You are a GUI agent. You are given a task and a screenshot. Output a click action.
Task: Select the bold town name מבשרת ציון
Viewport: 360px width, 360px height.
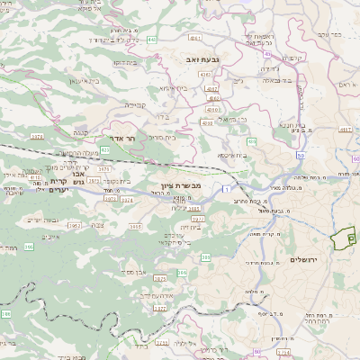point(173,184)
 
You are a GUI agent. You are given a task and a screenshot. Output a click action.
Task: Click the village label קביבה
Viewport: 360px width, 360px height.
point(135,103)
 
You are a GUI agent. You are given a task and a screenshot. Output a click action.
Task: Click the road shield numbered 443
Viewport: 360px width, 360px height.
point(152,40)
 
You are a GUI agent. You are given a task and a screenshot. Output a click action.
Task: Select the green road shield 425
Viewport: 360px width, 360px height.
point(105,149)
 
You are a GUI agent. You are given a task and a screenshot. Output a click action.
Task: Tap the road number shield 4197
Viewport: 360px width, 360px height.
point(345,130)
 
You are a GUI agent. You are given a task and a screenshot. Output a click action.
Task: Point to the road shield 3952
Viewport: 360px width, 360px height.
point(75,226)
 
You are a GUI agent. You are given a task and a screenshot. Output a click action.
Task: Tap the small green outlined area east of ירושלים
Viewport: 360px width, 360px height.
point(341,238)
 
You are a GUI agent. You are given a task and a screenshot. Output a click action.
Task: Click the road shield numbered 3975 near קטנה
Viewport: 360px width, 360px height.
point(37,137)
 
